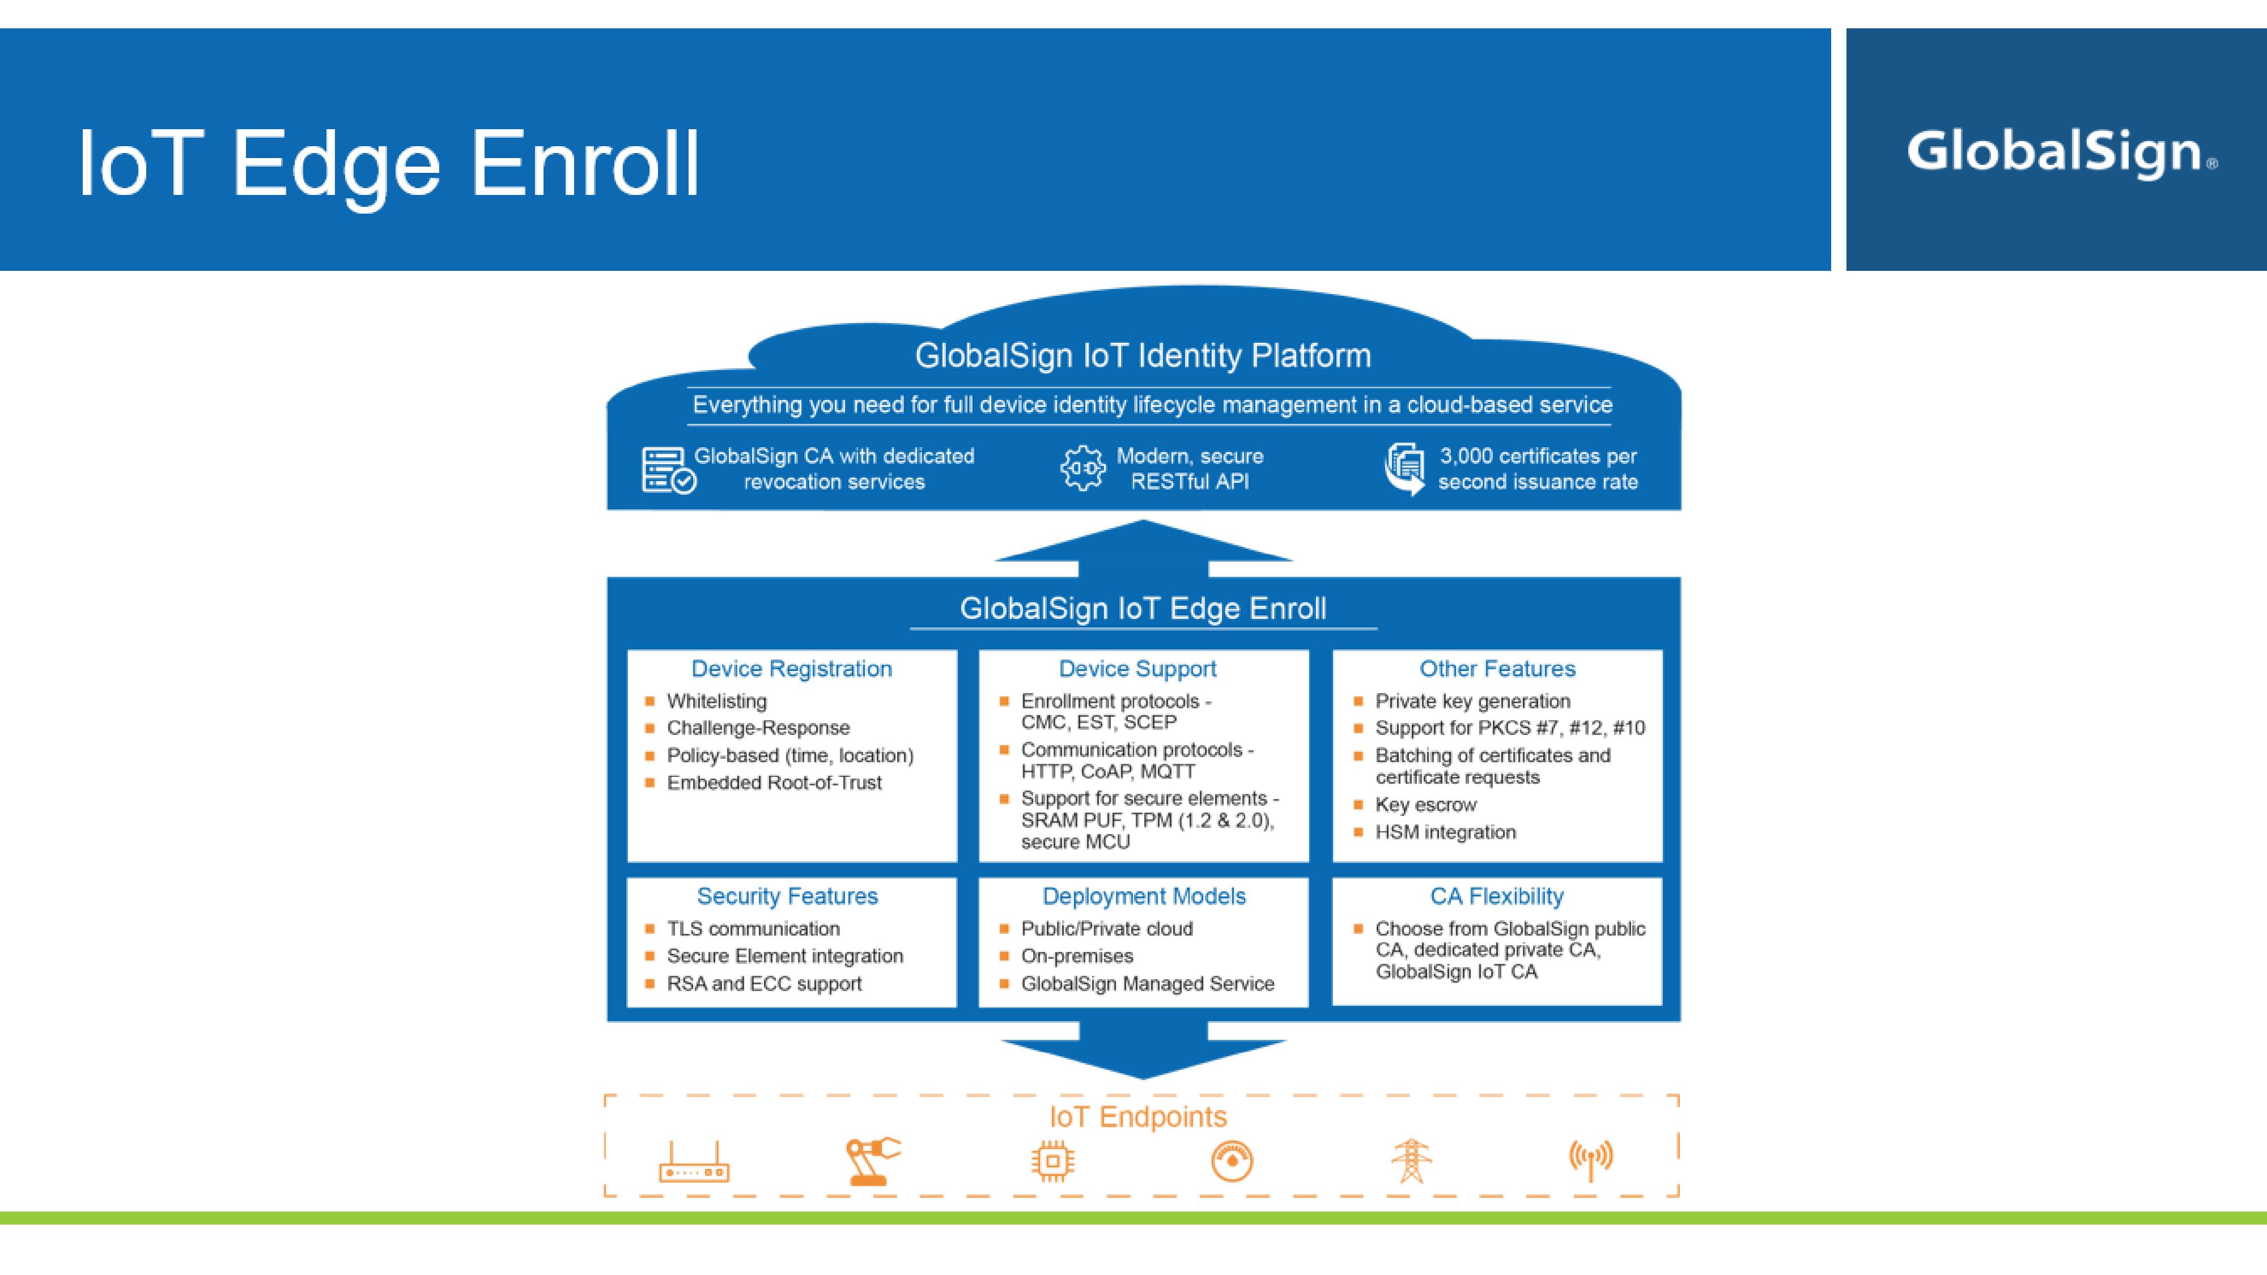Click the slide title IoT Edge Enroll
point(388,164)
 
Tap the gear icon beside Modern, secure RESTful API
point(1082,468)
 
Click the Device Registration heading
point(791,669)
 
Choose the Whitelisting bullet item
point(716,702)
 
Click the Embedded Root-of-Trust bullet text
point(774,782)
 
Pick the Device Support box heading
point(1137,669)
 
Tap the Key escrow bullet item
point(1426,804)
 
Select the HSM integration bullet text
point(1445,831)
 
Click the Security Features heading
point(787,896)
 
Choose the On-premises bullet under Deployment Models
point(1076,955)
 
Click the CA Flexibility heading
point(1496,896)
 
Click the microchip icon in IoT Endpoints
point(1052,1162)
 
